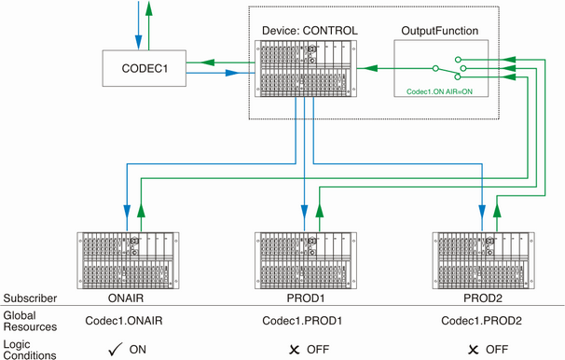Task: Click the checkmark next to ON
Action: point(115,348)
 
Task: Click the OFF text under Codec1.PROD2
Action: point(495,349)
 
